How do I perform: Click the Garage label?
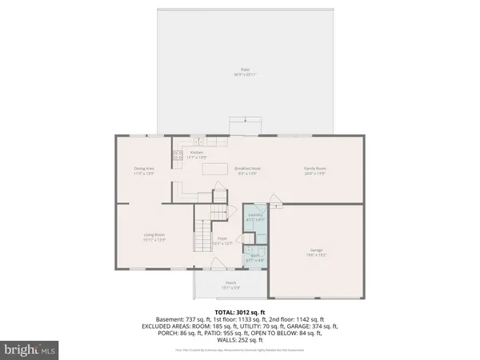pyautogui.click(x=317, y=252)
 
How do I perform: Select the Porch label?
pyautogui.click(x=230, y=285)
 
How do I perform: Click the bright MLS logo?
pyautogui.click(x=31, y=349)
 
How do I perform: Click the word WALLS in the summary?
pyautogui.click(x=218, y=340)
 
